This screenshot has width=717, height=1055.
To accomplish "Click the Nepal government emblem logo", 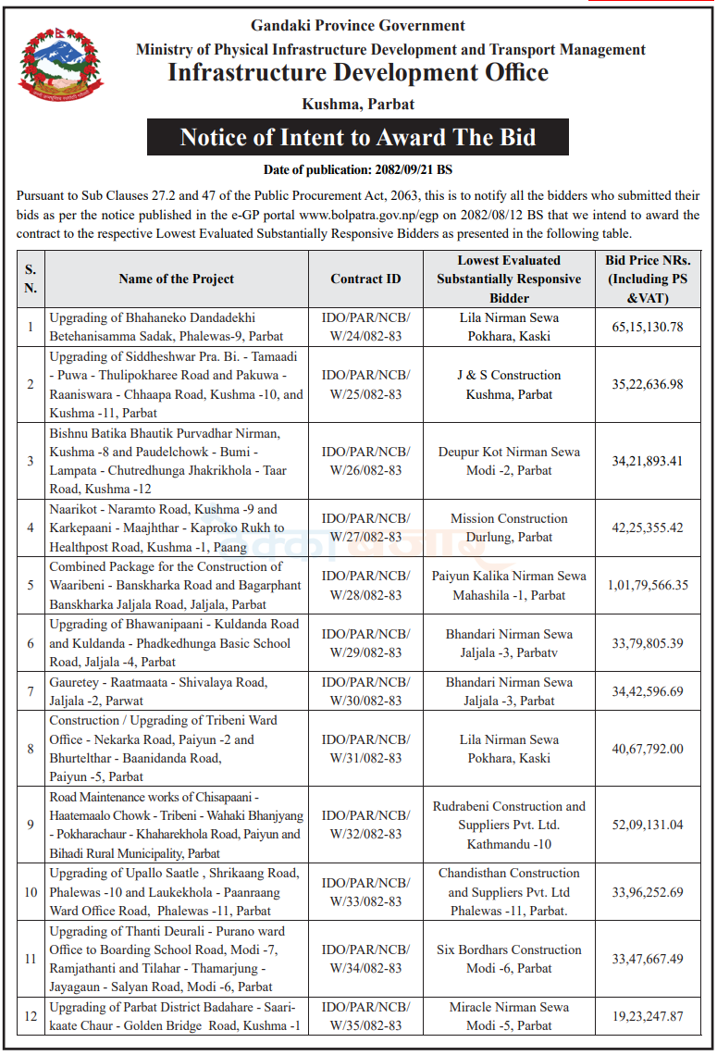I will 62,66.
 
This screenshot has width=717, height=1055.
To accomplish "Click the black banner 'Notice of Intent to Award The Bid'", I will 357,138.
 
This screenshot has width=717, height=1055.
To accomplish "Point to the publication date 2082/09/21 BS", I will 357,170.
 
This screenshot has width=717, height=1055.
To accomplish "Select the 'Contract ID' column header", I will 365,279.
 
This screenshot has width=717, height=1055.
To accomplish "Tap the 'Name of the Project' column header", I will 176,279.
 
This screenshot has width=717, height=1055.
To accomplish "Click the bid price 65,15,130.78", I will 647,327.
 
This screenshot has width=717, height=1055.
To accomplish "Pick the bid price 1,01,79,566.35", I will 647,585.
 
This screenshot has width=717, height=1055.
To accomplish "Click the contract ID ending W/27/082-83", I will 365,527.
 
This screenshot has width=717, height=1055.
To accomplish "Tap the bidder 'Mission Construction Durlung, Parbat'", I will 509,527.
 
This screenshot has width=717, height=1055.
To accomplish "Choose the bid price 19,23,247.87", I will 647,1016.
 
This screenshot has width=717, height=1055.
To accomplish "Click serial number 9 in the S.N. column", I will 31,825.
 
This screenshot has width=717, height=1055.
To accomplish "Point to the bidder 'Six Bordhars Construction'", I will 509,949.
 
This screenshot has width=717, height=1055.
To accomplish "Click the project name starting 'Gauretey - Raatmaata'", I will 158,691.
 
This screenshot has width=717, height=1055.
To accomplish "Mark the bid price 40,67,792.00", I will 647,749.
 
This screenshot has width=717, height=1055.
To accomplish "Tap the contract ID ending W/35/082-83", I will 365,1016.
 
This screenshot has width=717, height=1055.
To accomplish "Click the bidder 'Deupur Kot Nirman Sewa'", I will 509,452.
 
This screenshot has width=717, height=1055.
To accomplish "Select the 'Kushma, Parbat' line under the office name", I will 357,104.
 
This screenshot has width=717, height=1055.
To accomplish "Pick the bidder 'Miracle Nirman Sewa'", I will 509,1007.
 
